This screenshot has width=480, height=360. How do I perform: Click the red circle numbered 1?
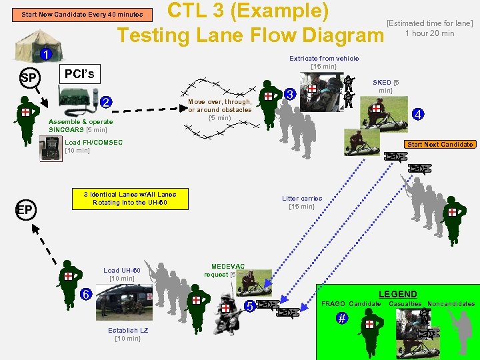[45, 54]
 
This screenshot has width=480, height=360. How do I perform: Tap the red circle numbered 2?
[106, 102]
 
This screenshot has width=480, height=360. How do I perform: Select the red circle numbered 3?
[290, 94]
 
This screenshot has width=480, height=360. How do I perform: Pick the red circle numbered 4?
[417, 114]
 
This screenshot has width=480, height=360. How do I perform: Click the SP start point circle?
[28, 78]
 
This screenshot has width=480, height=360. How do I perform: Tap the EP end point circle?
[25, 210]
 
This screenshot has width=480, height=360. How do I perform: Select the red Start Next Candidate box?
[440, 144]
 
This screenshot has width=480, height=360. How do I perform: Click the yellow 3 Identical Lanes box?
[130, 198]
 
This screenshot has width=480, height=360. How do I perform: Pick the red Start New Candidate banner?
[81, 14]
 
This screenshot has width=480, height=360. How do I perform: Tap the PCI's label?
[79, 73]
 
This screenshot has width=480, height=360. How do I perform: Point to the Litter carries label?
[302, 202]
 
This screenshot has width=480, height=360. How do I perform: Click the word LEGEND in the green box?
[397, 294]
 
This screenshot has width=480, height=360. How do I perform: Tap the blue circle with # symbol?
[341, 319]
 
